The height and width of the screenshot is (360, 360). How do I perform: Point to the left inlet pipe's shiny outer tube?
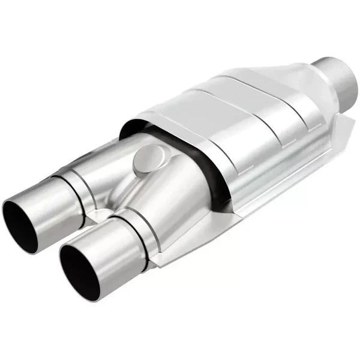pos(42,204)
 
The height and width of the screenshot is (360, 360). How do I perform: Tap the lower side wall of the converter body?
pos(270,174)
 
